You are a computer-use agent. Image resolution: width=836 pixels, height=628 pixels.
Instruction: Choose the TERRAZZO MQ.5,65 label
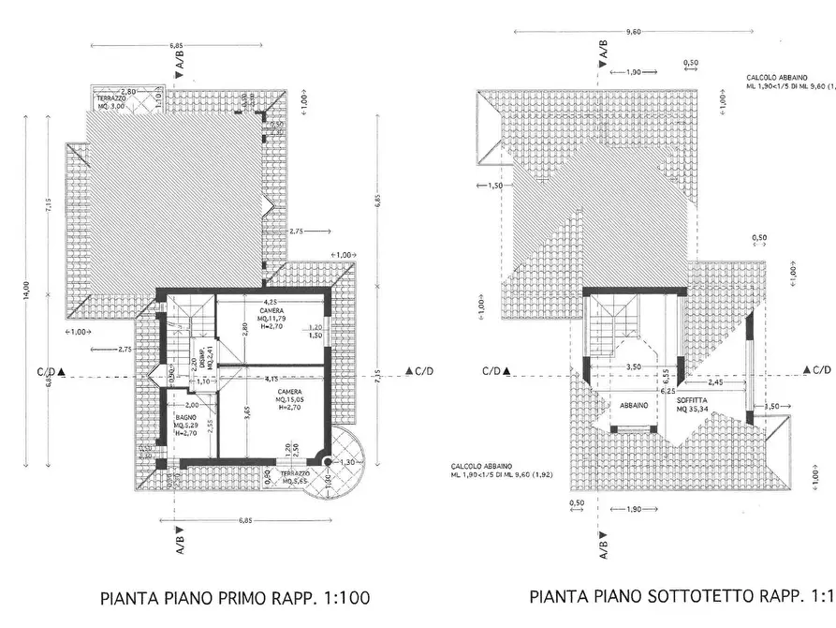[x=295, y=478]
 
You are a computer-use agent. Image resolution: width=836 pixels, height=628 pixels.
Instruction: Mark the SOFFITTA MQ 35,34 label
[x=694, y=404]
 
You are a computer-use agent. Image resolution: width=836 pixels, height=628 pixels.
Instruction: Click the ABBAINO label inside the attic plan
[x=635, y=405]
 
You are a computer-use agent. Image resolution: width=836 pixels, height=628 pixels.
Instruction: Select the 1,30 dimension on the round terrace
[x=348, y=463]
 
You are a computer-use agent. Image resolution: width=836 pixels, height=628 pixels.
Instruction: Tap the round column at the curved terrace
[x=325, y=461]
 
